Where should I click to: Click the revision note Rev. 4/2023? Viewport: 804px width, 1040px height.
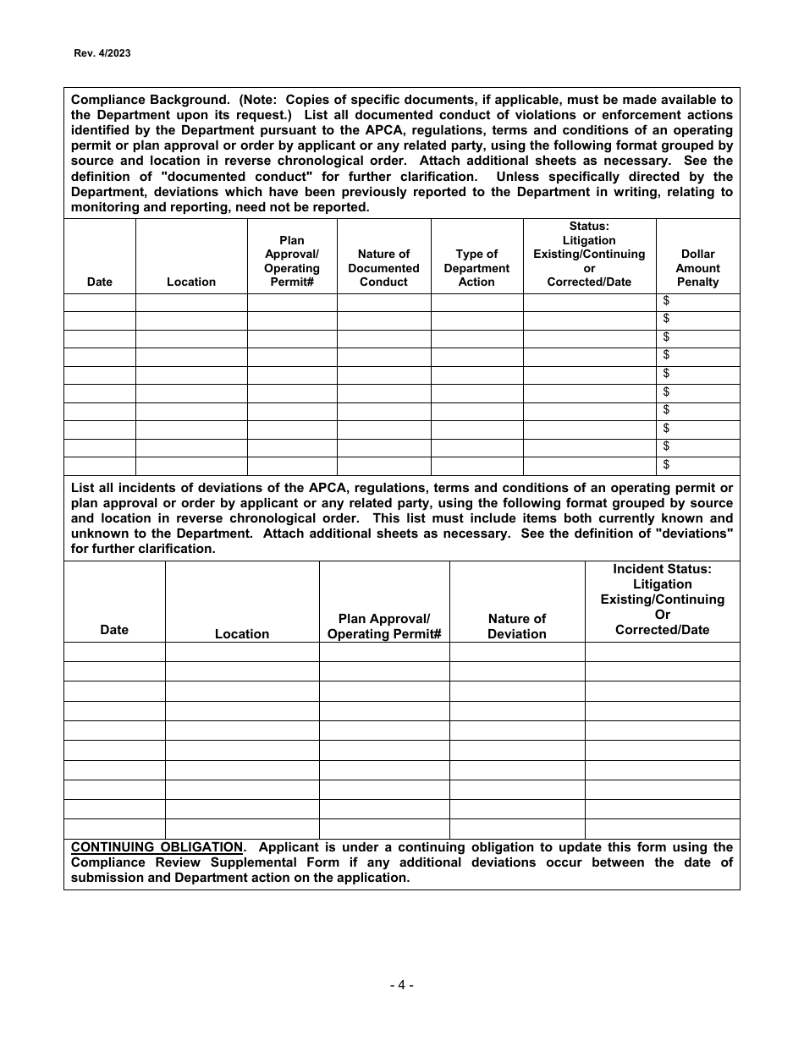point(102,52)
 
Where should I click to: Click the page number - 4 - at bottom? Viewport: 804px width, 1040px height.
point(401,984)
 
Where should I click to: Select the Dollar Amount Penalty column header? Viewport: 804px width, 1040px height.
point(697,268)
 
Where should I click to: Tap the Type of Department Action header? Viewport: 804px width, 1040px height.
point(476,268)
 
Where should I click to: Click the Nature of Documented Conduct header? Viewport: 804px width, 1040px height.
point(383,268)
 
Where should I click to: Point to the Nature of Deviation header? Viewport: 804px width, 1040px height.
point(516,627)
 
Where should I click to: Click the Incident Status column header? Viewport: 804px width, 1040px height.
point(662,599)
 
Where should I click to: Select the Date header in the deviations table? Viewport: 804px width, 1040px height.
point(114,630)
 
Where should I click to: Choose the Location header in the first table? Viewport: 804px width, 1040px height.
point(191,282)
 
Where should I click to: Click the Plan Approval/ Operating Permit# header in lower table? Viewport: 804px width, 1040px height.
point(384,627)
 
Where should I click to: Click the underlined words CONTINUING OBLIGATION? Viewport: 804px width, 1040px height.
point(157,847)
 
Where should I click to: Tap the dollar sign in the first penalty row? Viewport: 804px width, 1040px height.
point(667,300)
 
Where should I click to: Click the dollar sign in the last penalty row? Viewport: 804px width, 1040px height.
point(667,464)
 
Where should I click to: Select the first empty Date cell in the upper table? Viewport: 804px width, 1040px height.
point(100,302)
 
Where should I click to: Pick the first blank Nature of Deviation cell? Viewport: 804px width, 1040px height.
point(516,652)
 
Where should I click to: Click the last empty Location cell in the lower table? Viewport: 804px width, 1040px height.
point(242,829)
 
